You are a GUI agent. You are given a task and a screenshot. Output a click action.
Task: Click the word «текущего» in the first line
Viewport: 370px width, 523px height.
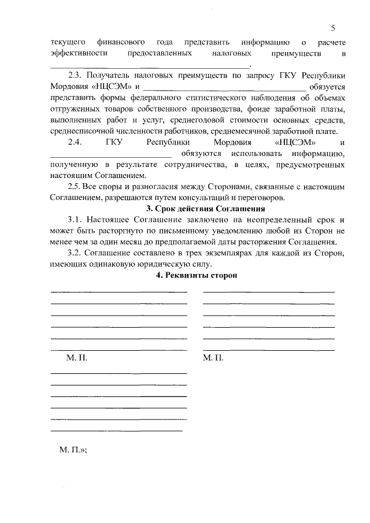[x=68, y=42]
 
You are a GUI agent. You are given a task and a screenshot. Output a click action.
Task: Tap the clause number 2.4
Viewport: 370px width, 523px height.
[x=76, y=142]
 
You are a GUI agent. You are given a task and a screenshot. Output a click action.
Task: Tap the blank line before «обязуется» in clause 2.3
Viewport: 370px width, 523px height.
[x=225, y=88]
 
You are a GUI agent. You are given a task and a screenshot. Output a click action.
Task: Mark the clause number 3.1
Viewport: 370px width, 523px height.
[x=76, y=220]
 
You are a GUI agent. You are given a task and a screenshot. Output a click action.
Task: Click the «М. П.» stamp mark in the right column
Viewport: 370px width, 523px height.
[x=213, y=358]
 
